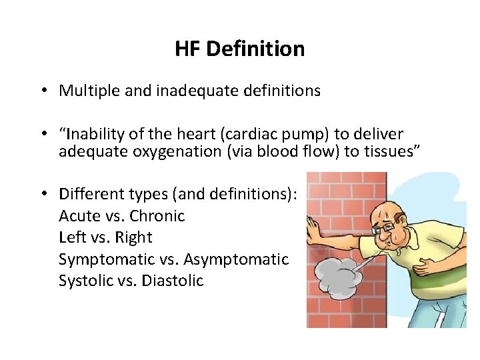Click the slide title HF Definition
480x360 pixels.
click(x=240, y=49)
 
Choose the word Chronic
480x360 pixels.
click(x=157, y=216)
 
